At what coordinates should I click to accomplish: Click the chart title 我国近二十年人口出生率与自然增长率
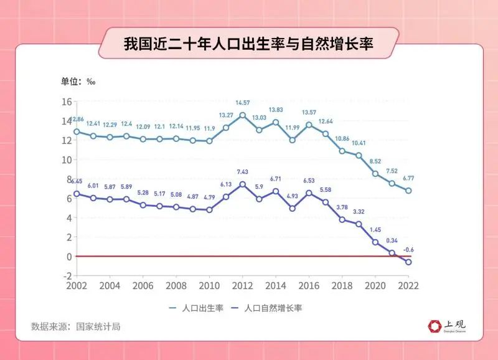(x=248, y=45)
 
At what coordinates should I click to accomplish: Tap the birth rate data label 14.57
(x=243, y=102)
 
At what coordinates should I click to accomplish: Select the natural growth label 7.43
(x=243, y=172)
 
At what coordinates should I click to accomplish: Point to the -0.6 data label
(x=408, y=250)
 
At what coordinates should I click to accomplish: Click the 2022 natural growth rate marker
(x=408, y=262)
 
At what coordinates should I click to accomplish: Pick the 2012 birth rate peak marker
(x=243, y=115)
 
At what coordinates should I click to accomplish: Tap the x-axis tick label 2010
(x=209, y=286)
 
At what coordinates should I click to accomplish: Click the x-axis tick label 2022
(x=408, y=286)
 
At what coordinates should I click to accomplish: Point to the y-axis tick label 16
(x=67, y=102)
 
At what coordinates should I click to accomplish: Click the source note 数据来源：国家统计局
(x=75, y=326)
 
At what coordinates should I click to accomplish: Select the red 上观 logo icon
(x=435, y=326)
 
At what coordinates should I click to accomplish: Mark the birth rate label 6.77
(x=408, y=178)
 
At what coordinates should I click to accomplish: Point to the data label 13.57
(x=309, y=112)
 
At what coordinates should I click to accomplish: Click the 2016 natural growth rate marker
(x=309, y=193)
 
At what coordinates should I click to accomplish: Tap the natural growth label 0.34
(x=392, y=240)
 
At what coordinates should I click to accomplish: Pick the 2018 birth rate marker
(x=342, y=151)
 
